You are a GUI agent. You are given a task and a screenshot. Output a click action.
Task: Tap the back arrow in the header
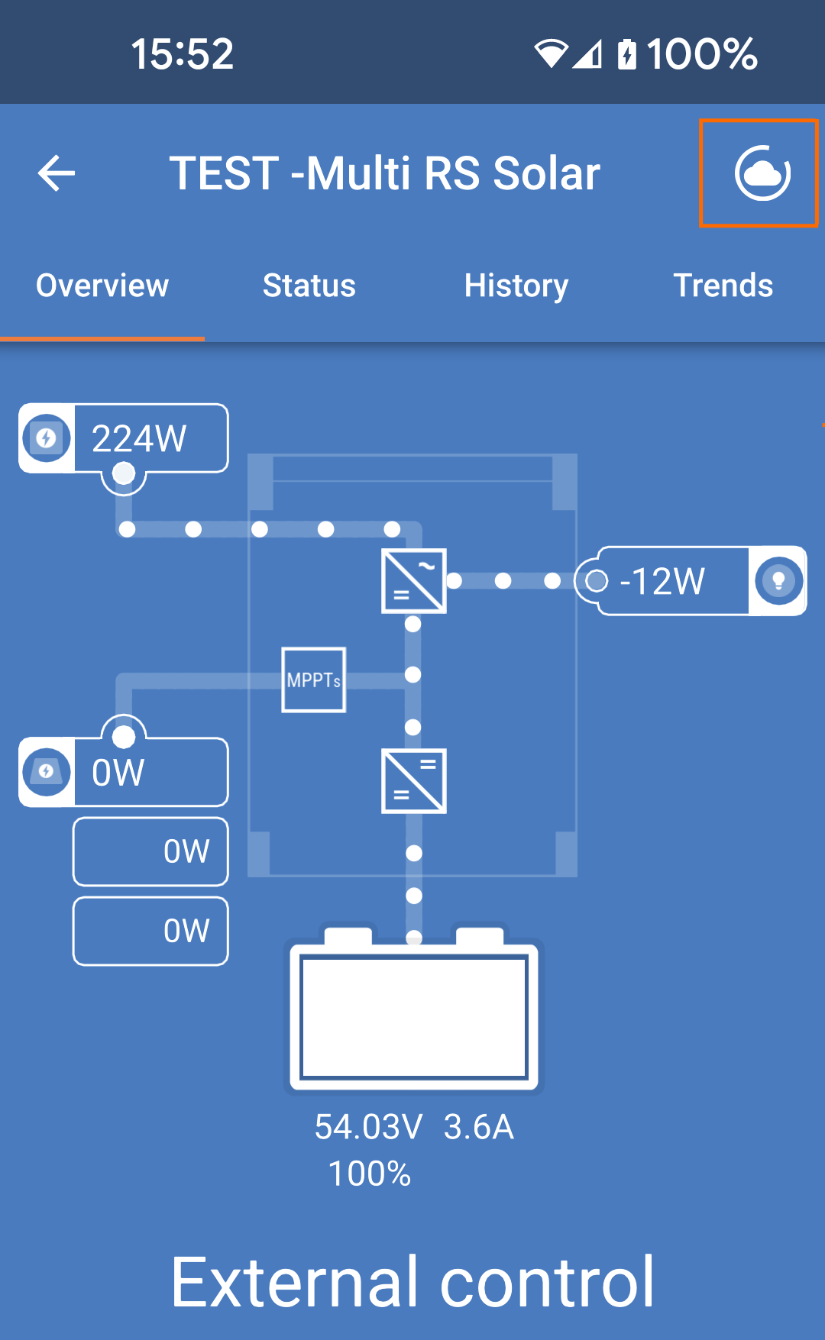(57, 173)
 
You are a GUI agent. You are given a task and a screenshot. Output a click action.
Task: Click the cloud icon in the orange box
(762, 173)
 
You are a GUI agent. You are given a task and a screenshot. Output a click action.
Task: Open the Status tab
(309, 286)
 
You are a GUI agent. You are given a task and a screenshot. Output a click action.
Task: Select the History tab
(516, 286)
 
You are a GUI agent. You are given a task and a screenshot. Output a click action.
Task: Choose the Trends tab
(723, 286)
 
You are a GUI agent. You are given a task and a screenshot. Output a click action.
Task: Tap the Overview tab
(102, 286)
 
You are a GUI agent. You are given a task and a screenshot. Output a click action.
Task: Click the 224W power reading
(139, 439)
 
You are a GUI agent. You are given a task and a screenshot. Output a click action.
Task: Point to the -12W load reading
(662, 582)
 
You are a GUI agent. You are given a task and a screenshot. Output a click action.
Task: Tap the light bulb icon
(778, 581)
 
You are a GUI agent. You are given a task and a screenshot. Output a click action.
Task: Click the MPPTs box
(313, 680)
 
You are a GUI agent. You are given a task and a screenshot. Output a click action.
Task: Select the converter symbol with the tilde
(413, 581)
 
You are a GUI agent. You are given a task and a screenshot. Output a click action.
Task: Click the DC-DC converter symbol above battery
(413, 781)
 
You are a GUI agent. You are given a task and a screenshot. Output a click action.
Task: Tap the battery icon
(413, 1012)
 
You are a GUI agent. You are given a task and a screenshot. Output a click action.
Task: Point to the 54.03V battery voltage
(368, 1127)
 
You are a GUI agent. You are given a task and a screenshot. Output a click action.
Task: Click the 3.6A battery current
(479, 1127)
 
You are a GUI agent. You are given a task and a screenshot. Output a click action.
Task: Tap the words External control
(412, 1283)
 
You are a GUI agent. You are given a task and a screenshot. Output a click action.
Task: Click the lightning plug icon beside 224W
(47, 438)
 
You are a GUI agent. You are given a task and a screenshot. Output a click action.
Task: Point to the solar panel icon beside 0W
(47, 772)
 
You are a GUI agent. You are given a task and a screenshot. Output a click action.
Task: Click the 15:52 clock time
(182, 54)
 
